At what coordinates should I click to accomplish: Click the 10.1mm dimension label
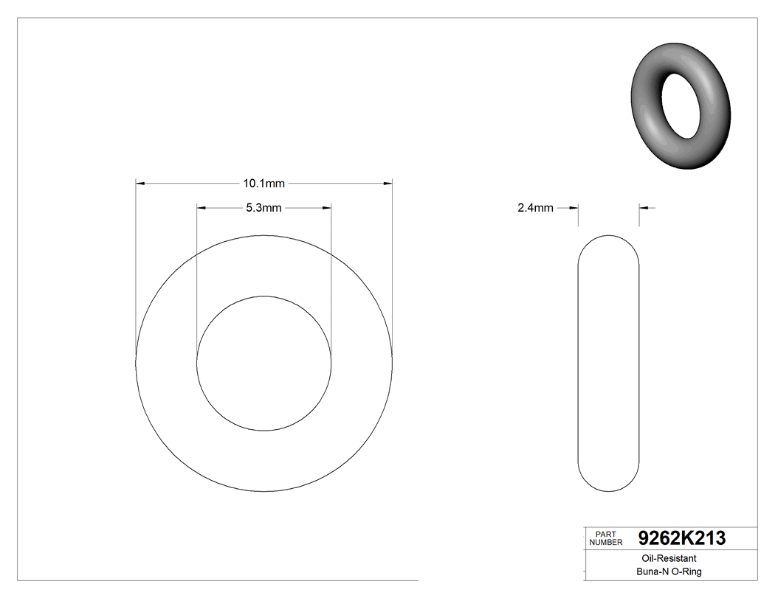tap(263, 183)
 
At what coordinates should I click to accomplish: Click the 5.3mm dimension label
tap(263, 209)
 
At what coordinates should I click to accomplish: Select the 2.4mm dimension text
tap(535, 209)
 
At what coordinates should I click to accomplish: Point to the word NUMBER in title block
tap(607, 543)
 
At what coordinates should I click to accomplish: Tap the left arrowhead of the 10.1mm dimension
tap(140, 183)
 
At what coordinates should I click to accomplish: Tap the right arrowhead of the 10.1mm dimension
tap(387, 183)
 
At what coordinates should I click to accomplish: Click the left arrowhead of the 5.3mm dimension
tap(201, 209)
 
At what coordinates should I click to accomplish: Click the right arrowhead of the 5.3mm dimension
tap(326, 209)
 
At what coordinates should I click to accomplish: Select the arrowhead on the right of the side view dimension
tap(643, 209)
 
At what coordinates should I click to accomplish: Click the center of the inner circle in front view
tap(263, 363)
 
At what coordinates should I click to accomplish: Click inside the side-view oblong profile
tap(607, 363)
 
